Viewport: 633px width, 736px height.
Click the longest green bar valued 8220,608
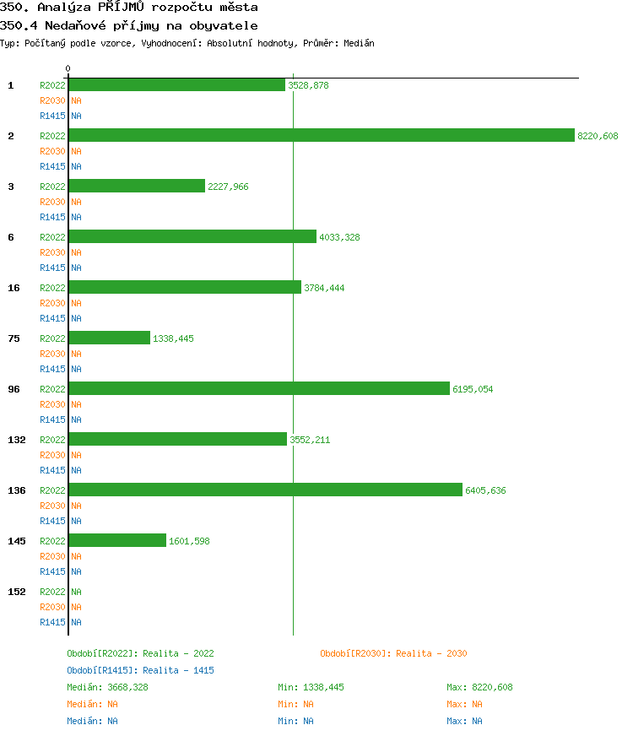321,135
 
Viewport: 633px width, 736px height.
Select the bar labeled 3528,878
176,84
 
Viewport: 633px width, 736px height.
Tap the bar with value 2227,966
137,186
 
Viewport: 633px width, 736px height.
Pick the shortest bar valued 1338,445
109,338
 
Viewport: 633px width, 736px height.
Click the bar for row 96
258,388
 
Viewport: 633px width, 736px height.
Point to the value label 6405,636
485,490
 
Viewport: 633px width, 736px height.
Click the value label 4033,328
339,237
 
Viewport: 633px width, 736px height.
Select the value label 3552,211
310,440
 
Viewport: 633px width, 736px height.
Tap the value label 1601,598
189,541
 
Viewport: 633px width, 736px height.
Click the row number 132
16,440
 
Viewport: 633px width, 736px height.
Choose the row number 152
16,592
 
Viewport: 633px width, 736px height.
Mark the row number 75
14,338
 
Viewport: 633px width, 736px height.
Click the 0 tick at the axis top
68,68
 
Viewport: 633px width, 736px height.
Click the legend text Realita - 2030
431,653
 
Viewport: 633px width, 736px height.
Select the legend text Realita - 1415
178,670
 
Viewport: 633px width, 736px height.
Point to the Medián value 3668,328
127,687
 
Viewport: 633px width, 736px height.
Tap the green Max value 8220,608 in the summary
491,687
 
